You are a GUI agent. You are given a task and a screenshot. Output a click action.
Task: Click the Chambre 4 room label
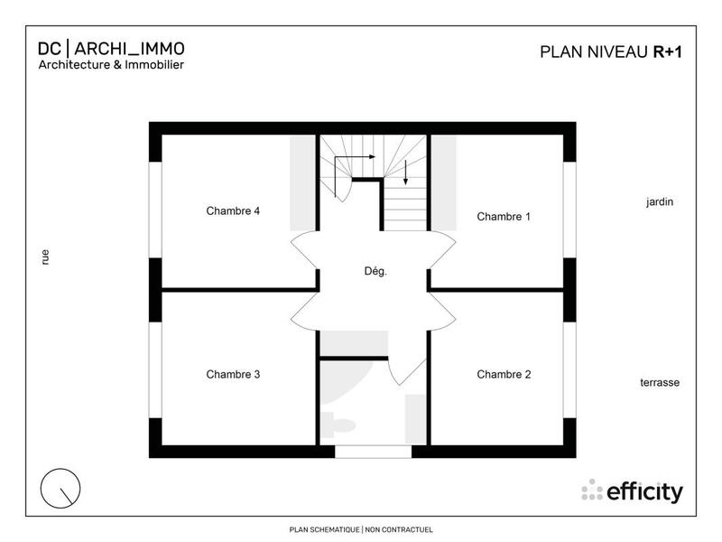point(233,211)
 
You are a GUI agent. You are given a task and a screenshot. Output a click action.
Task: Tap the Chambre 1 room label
point(504,217)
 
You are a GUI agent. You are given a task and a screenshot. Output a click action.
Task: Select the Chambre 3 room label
point(233,374)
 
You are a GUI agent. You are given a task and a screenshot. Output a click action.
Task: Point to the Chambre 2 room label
point(504,374)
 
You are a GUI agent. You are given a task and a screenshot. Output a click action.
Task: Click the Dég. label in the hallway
point(375,271)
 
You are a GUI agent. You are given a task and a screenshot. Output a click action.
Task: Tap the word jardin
point(660,202)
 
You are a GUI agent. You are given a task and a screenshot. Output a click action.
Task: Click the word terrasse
point(660,383)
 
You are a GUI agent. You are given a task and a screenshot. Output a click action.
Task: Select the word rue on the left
point(45,257)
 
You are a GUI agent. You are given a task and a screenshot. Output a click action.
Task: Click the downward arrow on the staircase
point(406,172)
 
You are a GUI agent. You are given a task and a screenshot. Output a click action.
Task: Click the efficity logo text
point(644,492)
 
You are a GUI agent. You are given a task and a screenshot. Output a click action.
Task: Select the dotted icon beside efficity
point(592,491)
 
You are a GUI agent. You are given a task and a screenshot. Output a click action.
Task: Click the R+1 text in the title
point(668,51)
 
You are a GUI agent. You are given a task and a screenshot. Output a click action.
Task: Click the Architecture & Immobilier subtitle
point(111,65)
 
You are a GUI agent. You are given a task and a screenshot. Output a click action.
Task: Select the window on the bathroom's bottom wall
point(373,452)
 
